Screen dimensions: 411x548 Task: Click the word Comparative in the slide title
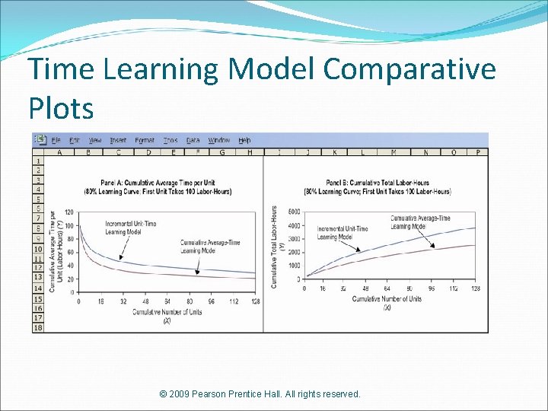(x=409, y=70)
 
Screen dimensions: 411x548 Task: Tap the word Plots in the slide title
(x=61, y=108)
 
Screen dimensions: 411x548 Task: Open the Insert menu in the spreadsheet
(x=118, y=141)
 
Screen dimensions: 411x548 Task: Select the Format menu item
(x=145, y=141)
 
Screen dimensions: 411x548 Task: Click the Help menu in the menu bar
(x=244, y=141)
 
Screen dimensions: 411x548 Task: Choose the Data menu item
(x=193, y=141)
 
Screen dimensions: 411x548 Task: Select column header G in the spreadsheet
(x=222, y=152)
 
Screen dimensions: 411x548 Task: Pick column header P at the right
(x=477, y=152)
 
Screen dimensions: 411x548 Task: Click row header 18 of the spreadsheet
(x=37, y=327)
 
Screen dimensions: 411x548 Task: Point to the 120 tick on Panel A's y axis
(x=69, y=212)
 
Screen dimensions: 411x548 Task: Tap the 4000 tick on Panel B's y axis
(x=293, y=226)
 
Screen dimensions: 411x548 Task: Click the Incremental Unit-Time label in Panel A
(x=130, y=227)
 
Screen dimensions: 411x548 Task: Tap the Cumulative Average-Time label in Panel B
(x=419, y=222)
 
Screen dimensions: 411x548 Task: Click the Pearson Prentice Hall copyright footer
(x=260, y=394)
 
